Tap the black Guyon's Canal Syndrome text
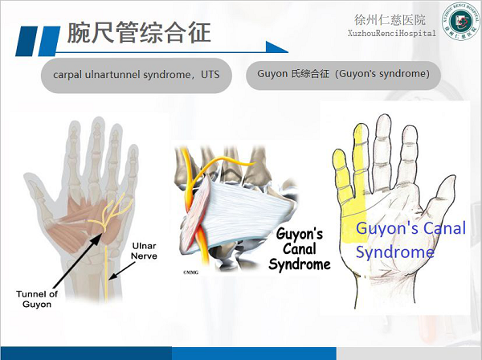300,249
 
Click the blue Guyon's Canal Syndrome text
410,239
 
